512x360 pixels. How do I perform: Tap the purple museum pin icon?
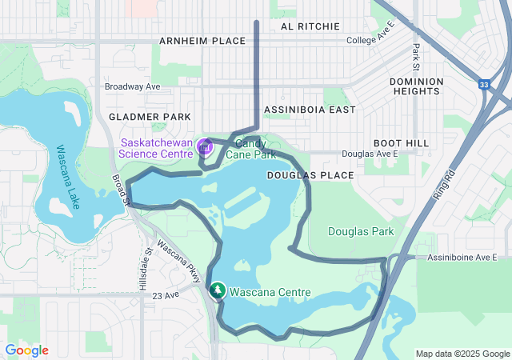point(204,147)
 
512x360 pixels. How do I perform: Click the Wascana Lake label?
point(68,176)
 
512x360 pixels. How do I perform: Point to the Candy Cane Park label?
point(250,148)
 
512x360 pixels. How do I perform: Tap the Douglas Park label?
point(361,231)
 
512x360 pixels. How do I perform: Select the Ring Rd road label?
point(444,186)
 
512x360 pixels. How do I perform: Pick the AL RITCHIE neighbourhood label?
point(310,26)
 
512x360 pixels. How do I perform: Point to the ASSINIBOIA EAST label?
point(308,110)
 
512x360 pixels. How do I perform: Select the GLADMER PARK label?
point(150,117)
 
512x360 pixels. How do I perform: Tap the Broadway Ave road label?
point(133,86)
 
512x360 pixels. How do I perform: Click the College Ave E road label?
point(371,40)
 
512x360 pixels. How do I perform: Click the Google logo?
point(26,350)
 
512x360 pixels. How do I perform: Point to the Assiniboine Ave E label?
point(462,258)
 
